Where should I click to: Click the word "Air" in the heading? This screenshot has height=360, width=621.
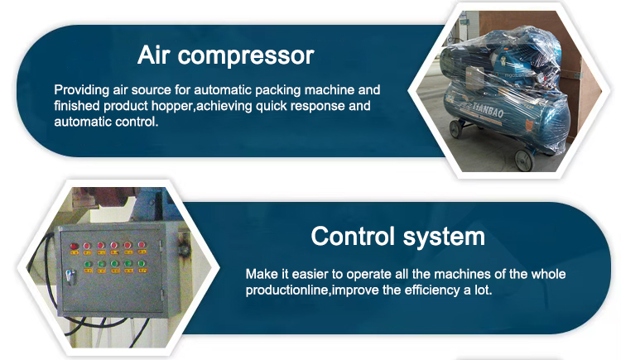(x=154, y=55)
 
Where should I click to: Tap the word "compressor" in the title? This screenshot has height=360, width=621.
(x=246, y=56)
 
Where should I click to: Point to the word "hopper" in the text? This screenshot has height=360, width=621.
(x=173, y=107)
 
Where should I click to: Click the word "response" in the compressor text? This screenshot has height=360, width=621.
(x=306, y=107)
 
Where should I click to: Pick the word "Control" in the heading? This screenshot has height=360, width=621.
(x=353, y=237)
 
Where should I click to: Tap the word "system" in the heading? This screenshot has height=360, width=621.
(x=444, y=238)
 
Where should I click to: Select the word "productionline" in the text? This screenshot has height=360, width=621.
(x=287, y=290)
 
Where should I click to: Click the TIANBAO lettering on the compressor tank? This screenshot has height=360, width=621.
(x=489, y=110)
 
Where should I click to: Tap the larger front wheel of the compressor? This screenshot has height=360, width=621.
(x=524, y=160)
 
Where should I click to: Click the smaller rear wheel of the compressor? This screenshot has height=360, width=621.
(x=456, y=128)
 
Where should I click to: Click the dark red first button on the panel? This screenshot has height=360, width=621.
(x=74, y=247)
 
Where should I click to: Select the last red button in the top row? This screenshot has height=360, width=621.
(x=142, y=245)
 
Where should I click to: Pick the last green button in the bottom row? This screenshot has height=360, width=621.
(x=142, y=264)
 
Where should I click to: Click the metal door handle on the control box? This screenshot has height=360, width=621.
(x=70, y=276)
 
